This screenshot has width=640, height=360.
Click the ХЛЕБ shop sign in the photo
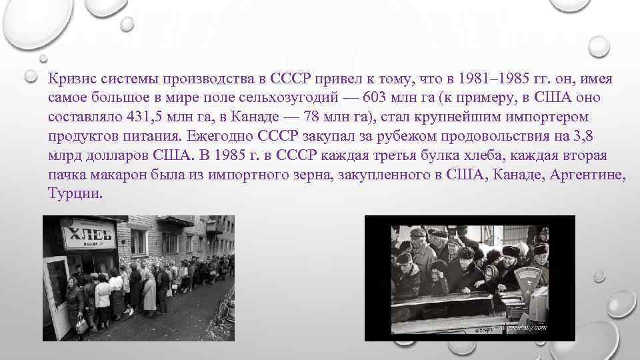89,233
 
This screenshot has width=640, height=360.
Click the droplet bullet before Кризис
30,76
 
